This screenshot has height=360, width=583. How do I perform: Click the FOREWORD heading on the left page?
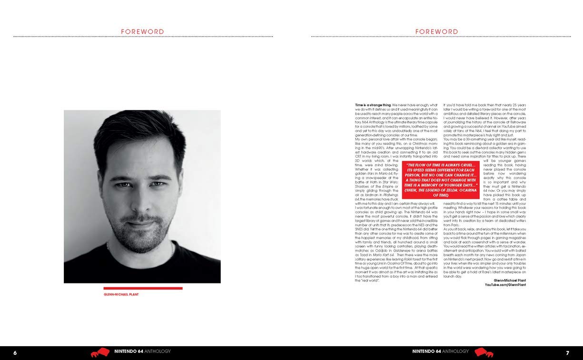pyautogui.click(x=142, y=32)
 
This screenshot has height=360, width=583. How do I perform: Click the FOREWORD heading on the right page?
pyautogui.click(x=436, y=32)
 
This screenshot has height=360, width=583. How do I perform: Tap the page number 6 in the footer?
pyautogui.click(x=15, y=353)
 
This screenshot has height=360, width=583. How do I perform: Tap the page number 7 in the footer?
pyautogui.click(x=567, y=353)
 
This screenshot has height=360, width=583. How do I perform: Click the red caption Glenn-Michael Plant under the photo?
pyautogui.click(x=121, y=294)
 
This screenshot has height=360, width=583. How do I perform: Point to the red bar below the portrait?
pyautogui.click(x=143, y=288)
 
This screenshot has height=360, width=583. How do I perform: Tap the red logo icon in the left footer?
pyautogui.click(x=100, y=352)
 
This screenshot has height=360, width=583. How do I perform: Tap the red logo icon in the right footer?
pyautogui.click(x=484, y=352)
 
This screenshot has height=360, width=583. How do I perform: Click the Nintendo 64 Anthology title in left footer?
pyautogui.click(x=142, y=352)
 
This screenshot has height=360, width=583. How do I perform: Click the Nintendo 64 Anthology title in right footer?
pyautogui.click(x=440, y=352)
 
